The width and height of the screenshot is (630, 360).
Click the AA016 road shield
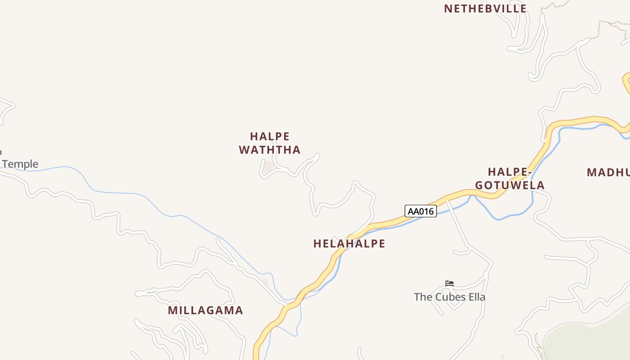click(x=421, y=211)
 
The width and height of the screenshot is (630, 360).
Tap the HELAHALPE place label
click(x=349, y=244)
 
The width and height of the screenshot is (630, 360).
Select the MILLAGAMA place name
click(x=205, y=310)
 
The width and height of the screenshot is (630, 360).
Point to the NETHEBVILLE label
click(x=485, y=9)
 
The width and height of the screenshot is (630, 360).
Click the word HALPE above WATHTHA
click(x=270, y=136)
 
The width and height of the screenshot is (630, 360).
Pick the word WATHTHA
click(x=270, y=150)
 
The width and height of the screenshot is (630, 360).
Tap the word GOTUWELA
click(x=510, y=185)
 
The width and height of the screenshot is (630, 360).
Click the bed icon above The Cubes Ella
click(x=450, y=283)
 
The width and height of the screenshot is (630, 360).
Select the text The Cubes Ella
click(x=450, y=297)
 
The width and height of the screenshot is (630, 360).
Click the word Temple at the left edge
click(x=20, y=164)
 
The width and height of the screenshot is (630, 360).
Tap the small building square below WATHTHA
click(x=269, y=167)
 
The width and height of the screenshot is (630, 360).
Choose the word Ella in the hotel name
click(x=476, y=297)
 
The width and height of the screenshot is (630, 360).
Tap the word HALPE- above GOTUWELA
click(x=510, y=172)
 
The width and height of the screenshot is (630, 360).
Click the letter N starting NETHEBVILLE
click(x=448, y=9)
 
